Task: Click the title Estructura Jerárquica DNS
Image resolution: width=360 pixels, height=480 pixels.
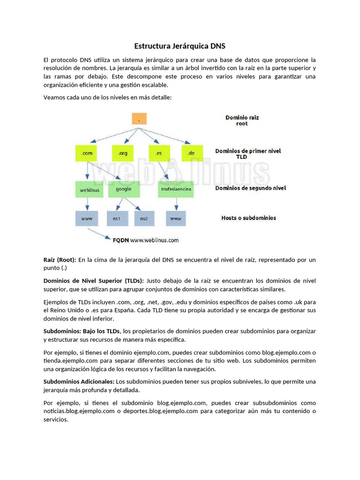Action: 180,46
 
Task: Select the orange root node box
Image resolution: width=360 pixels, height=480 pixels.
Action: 140,119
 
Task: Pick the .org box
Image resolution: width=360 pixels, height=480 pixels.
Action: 123,153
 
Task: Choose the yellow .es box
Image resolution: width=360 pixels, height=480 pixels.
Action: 159,153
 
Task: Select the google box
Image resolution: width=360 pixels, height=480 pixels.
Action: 124,189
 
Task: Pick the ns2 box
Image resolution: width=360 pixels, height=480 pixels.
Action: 144,218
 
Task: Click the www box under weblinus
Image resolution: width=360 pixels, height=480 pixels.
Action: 87,218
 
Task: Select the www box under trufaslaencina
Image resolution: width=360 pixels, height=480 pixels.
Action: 176,218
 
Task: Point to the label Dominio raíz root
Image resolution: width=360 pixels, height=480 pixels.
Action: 242,120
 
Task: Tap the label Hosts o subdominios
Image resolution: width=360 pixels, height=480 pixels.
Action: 248,218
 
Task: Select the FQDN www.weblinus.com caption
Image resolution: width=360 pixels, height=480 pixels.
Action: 146,240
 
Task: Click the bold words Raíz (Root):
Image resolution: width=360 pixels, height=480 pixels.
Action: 60,260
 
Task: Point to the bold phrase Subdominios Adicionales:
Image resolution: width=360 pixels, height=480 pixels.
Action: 79,381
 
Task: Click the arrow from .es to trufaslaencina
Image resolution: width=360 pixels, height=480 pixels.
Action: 164,170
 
